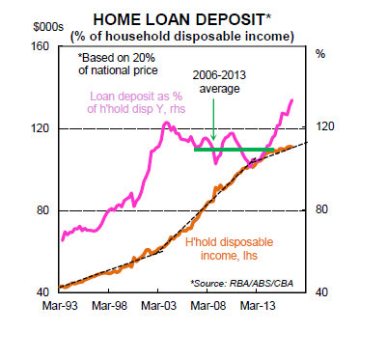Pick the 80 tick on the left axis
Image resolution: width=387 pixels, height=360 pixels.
(x=43, y=210)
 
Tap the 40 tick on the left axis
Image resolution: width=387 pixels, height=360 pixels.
(x=43, y=292)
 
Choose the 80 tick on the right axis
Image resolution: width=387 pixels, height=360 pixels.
(x=322, y=210)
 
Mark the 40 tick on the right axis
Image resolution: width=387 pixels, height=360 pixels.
(x=322, y=292)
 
